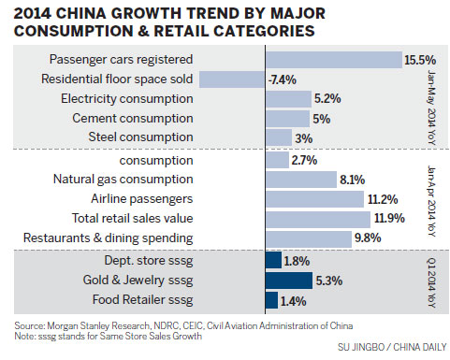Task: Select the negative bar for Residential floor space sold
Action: [232, 79]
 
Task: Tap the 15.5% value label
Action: [418, 59]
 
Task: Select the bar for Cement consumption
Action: [287, 118]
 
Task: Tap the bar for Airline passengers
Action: [314, 199]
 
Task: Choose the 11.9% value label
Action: [385, 219]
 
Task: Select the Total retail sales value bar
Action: [317, 219]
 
